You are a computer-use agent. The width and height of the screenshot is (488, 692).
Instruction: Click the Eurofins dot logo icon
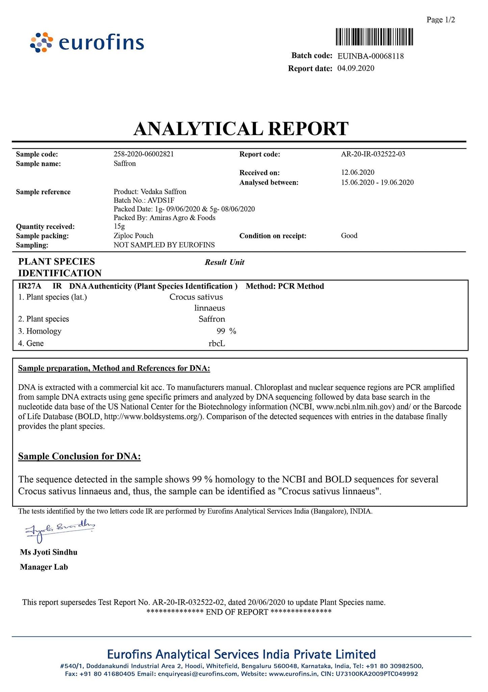tap(42, 43)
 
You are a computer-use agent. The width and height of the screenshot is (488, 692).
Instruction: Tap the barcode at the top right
tap(375, 37)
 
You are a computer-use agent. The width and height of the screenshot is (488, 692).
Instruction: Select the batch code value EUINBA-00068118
tap(371, 56)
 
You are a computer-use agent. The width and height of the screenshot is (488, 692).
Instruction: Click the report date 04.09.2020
tap(356, 68)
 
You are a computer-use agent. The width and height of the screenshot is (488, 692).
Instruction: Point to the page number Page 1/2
tap(441, 20)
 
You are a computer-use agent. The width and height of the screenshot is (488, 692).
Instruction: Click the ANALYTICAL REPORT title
tap(241, 129)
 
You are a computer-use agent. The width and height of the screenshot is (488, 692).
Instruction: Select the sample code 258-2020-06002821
tap(144, 154)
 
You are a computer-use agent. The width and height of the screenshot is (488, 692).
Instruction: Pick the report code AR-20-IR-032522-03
tap(373, 154)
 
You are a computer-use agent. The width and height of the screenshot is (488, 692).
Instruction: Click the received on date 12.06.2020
tap(358, 172)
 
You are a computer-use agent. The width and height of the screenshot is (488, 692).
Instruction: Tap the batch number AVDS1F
tap(163, 200)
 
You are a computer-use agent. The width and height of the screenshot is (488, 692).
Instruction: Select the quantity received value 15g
tap(119, 226)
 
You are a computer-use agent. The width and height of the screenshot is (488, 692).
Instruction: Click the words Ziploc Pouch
tap(133, 236)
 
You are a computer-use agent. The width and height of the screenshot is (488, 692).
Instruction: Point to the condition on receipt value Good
tap(349, 236)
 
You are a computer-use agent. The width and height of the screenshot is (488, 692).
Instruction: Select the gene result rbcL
tap(217, 344)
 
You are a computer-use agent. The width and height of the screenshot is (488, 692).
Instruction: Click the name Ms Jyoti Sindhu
tap(49, 552)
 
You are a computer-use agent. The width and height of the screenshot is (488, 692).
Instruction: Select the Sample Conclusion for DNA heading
tap(79, 456)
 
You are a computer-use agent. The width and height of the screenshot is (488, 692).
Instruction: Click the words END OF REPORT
tap(237, 612)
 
